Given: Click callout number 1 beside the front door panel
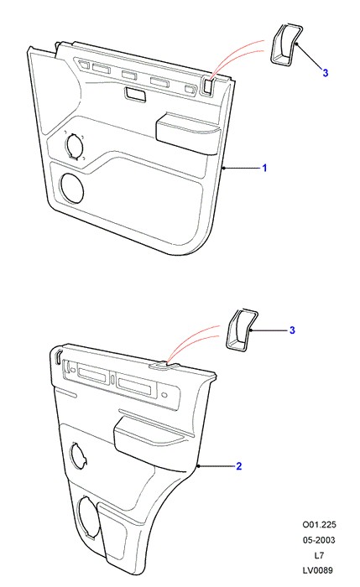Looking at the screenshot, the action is click(264, 168).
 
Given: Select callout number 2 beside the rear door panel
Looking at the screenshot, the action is click(238, 466).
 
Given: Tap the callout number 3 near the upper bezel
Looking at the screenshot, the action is click(325, 73).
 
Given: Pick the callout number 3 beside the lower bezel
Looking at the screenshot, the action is click(292, 330).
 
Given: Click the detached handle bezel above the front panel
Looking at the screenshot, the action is click(285, 44).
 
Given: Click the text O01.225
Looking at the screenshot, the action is click(319, 524).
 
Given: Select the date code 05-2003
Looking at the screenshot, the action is click(319, 540).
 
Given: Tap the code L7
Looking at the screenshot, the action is click(319, 555).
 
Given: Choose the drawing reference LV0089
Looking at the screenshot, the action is click(318, 570).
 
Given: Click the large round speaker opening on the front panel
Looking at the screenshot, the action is click(71, 189).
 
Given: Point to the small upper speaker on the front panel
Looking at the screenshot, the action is click(74, 145).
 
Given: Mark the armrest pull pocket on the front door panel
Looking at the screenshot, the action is click(188, 132).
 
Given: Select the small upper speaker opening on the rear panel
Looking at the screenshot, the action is click(79, 455).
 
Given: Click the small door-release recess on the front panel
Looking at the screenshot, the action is click(136, 94).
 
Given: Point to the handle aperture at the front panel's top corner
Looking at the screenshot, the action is click(208, 86).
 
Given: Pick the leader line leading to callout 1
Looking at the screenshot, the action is click(242, 168).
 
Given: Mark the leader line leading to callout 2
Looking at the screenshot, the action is click(217, 466).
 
